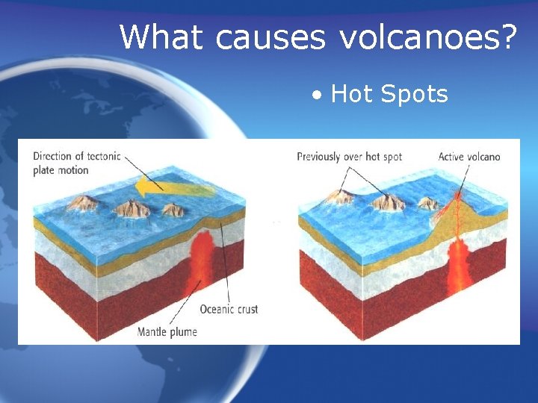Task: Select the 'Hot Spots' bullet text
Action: coord(389,94)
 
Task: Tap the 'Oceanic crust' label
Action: coord(229,309)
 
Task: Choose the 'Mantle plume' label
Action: coord(167,331)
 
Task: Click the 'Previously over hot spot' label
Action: coord(349,157)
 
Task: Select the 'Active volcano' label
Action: coord(469,157)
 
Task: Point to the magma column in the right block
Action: coord(457,269)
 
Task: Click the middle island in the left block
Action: coord(133,208)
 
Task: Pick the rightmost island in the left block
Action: coord(173,210)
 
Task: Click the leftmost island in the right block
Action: coord(340,197)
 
